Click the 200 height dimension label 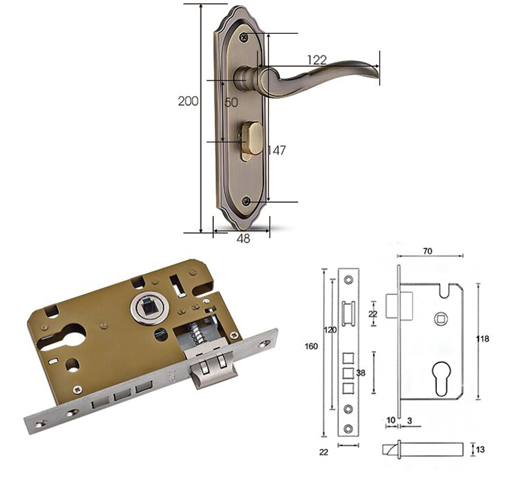pyautogui.click(x=188, y=101)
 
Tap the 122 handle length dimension pyautogui.click(x=317, y=60)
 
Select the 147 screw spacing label pyautogui.click(x=277, y=150)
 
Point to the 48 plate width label pyautogui.click(x=243, y=238)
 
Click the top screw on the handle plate pyautogui.click(x=244, y=36)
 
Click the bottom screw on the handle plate pyautogui.click(x=246, y=201)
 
